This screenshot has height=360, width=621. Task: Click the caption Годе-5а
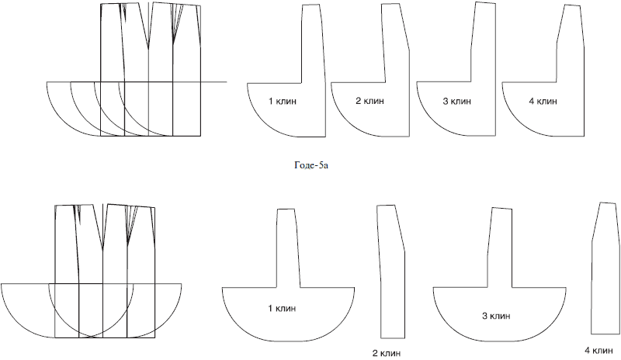click(x=311, y=165)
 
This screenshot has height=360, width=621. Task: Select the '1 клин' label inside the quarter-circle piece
click(x=283, y=102)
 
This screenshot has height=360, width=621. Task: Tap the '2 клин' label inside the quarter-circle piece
click(x=370, y=101)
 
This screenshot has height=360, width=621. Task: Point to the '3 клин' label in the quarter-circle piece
click(x=457, y=102)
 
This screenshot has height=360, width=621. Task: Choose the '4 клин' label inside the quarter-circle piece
click(x=543, y=102)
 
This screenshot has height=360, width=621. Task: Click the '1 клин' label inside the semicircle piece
click(x=282, y=309)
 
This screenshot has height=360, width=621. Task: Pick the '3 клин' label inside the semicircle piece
click(x=496, y=316)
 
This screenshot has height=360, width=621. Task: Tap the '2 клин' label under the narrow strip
click(x=387, y=353)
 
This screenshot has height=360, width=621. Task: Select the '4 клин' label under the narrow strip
click(x=598, y=351)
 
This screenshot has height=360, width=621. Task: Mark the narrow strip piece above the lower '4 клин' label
click(x=605, y=268)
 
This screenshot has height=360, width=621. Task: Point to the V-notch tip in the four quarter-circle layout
click(x=148, y=49)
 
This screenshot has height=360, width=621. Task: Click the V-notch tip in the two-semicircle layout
click(x=102, y=250)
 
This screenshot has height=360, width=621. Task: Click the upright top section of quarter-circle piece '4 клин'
click(x=571, y=43)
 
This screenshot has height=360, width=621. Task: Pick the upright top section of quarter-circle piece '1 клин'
click(x=314, y=43)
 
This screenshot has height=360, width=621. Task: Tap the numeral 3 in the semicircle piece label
click(x=484, y=316)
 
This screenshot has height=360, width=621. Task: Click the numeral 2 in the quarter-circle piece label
click(x=358, y=101)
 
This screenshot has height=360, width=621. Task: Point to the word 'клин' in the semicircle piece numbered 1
click(x=286, y=309)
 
